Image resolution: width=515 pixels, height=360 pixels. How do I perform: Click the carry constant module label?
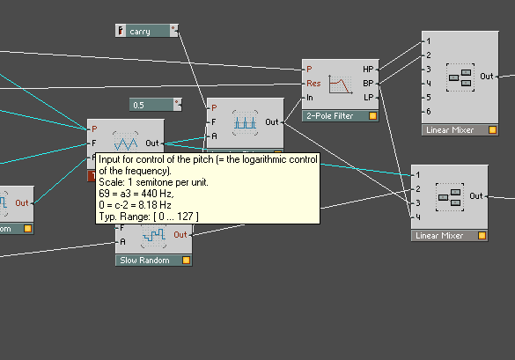point(140,32)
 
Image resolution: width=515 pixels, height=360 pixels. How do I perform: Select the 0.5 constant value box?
point(151,105)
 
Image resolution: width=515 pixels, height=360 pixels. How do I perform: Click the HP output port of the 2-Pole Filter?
point(368,70)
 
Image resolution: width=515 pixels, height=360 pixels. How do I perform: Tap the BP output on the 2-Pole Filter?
point(368,84)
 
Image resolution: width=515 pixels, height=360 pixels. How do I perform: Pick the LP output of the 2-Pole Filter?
point(369,98)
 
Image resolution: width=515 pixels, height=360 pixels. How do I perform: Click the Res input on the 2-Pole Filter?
point(313,84)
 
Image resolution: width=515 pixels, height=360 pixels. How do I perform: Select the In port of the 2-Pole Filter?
point(310,98)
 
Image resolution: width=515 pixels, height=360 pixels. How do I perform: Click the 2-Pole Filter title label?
point(330,116)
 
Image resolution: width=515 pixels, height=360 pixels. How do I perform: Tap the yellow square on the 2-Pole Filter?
point(372,116)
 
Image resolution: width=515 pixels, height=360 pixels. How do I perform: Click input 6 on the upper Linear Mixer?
point(429,112)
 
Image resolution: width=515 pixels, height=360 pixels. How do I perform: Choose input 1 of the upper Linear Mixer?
point(429,41)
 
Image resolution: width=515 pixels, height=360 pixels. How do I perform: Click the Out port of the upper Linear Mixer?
point(487,77)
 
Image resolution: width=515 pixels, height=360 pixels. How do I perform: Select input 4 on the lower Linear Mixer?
point(418,217)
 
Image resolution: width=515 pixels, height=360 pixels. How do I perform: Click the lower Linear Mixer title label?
point(439,236)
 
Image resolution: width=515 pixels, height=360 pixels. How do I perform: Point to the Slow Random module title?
point(144,261)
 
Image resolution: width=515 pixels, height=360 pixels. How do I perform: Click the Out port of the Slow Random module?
point(180,234)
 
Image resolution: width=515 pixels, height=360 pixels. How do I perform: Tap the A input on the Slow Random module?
point(122,242)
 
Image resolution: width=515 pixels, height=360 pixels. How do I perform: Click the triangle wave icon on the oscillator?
point(126,143)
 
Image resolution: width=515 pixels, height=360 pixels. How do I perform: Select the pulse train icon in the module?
point(245,123)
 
